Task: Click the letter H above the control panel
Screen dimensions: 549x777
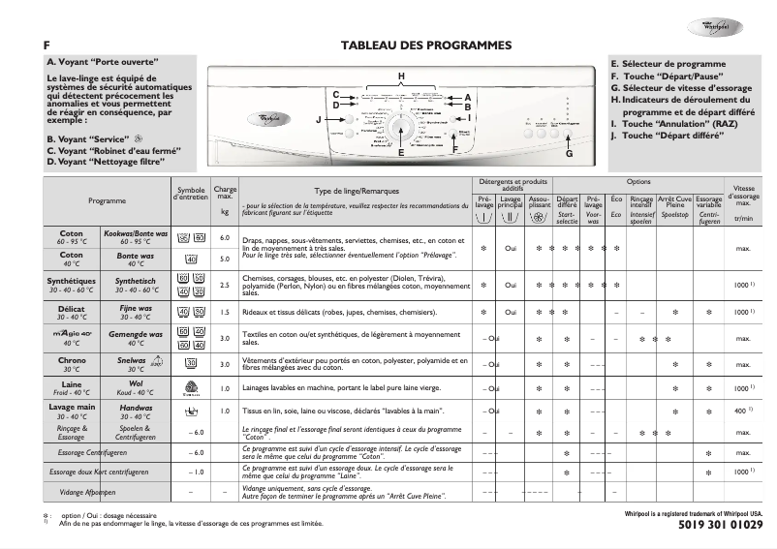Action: click(x=400, y=76)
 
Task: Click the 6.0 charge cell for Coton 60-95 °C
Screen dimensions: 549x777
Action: click(x=225, y=237)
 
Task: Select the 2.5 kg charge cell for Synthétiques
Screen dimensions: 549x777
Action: click(x=225, y=286)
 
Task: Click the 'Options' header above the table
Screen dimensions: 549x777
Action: click(x=638, y=181)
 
